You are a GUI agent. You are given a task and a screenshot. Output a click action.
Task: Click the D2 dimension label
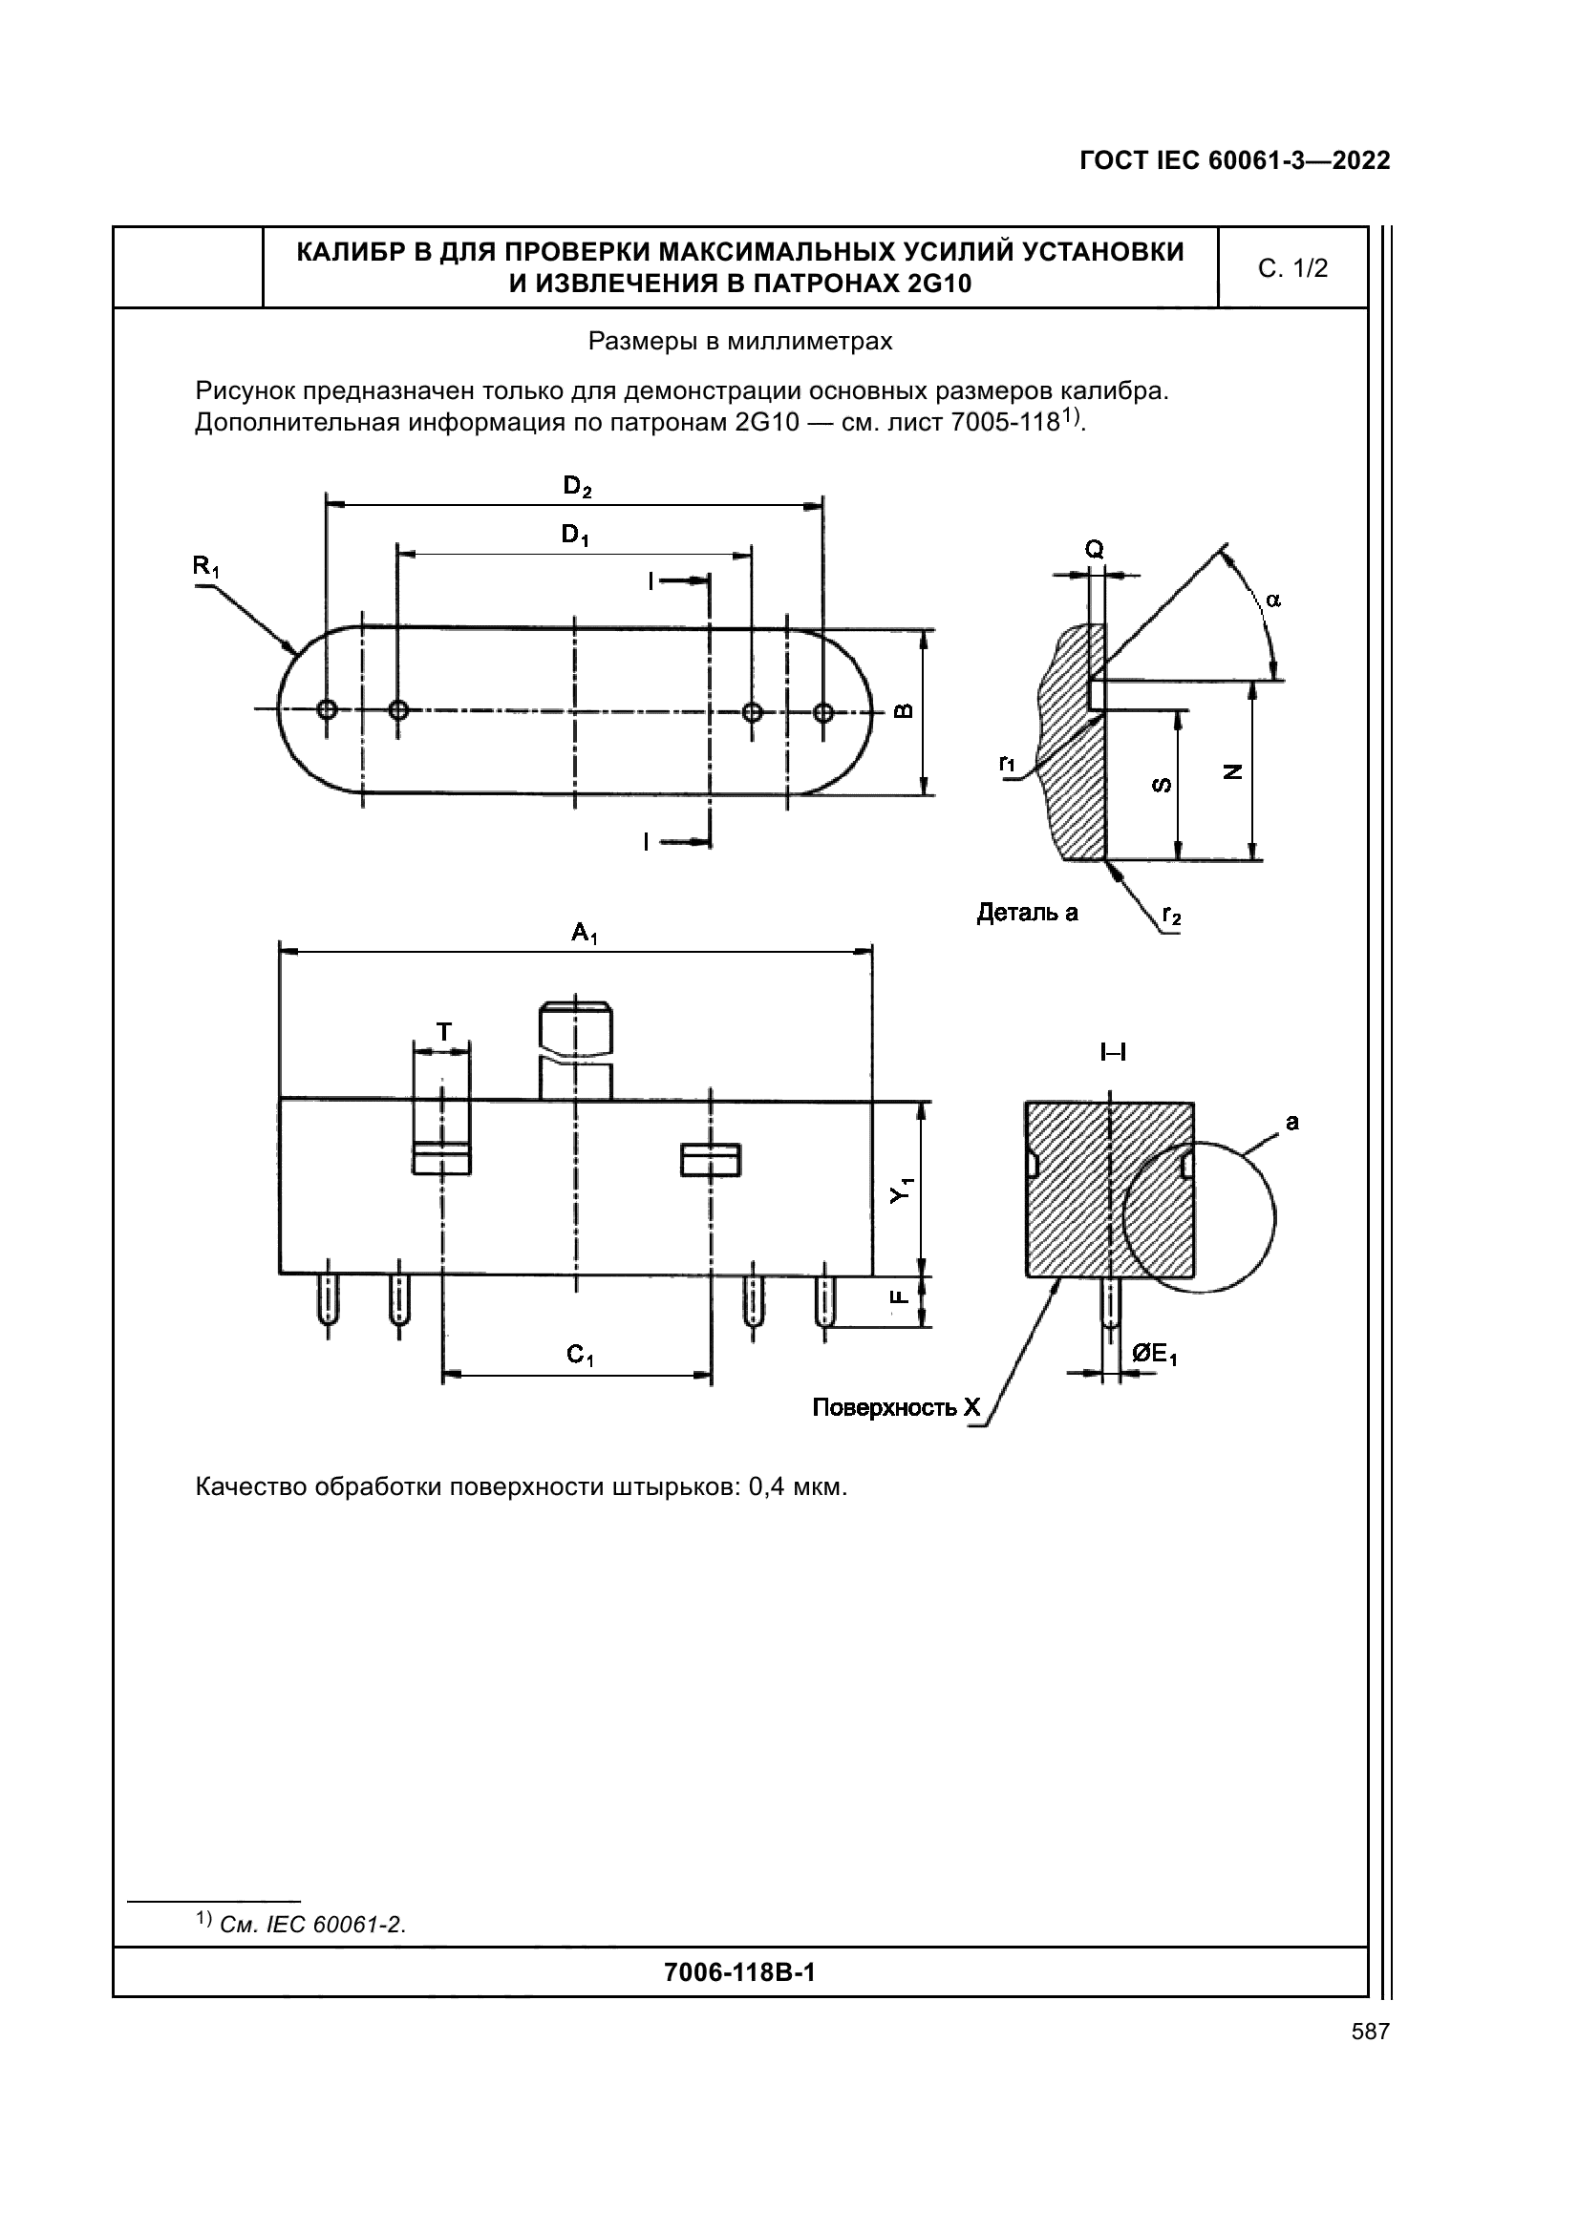coord(577,486)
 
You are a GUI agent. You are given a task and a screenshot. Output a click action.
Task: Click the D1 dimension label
coord(575,535)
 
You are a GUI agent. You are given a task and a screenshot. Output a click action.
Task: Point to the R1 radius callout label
coord(205,567)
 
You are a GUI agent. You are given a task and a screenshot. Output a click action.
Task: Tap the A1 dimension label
coord(585,935)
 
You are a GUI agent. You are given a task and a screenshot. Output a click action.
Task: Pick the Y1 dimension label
coord(903,1190)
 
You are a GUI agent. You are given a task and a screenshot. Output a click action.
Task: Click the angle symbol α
coord(1273,600)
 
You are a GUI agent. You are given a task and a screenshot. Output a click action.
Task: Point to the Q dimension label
coord(1095,551)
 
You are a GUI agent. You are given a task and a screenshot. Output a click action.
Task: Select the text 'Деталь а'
coord(1028,913)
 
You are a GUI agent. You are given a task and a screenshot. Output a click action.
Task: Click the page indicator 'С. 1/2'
coord(1293,268)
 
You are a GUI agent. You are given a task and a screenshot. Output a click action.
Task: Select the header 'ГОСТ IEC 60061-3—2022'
coord(1235,160)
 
